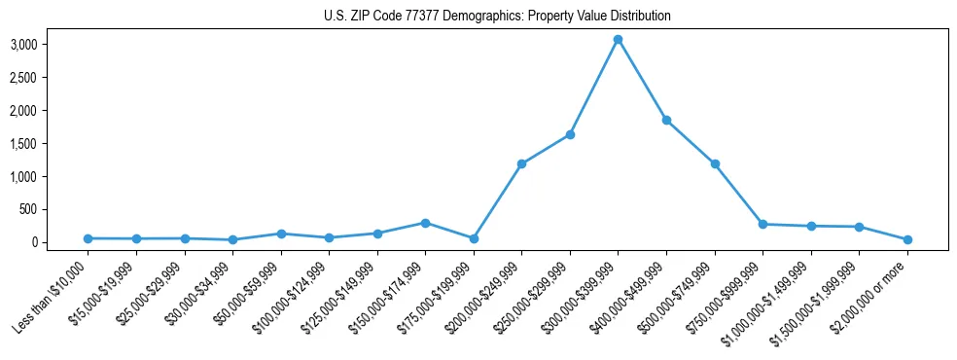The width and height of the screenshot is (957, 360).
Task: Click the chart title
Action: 497,17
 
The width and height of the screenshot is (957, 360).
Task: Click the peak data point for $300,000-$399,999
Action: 618,40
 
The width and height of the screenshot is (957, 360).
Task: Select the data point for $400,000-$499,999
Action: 666,121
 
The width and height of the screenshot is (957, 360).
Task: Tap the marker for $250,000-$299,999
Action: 570,134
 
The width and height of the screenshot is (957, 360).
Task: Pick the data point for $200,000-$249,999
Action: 521,163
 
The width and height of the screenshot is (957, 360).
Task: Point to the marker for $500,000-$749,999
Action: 715,163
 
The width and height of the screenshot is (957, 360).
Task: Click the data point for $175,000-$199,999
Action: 474,238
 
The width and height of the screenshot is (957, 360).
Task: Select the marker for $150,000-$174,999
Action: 425,223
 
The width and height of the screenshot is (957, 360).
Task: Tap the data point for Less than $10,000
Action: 88,238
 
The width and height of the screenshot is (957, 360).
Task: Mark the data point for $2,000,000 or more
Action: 907,239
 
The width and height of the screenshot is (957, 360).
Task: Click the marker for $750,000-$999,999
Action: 762,225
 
